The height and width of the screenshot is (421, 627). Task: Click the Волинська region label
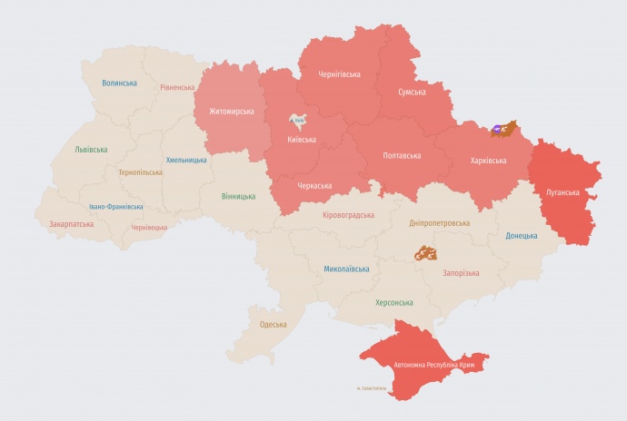pos(119,83)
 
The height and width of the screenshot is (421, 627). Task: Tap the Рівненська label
pos(177,88)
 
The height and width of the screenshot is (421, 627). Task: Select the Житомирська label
pos(232,112)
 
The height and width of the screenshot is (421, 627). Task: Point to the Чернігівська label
pos(339,74)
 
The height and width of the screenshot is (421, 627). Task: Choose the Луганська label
pos(563,192)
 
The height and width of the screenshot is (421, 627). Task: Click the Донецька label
pos(521,236)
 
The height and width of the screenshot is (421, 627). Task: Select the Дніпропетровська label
pos(440,223)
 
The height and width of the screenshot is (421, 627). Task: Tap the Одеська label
pos(273,325)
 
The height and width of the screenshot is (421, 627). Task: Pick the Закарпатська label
pos(71,223)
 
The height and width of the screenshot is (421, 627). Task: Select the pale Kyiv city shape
pos(299,122)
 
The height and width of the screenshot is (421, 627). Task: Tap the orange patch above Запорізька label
pos(425,253)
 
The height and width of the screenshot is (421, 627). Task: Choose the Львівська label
pos(91,150)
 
